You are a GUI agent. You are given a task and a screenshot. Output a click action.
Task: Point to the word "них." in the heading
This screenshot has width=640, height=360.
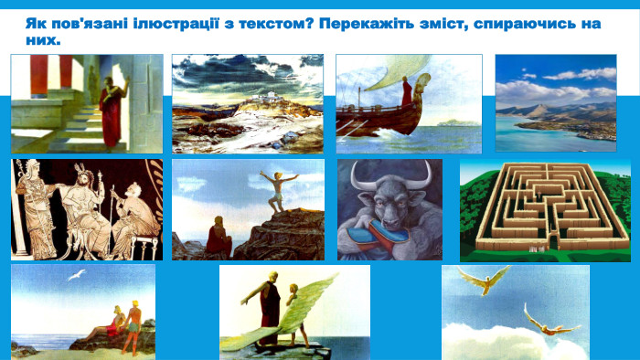[x=44, y=40]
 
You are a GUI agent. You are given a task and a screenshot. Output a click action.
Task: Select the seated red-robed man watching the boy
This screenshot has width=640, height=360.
[x=219, y=238]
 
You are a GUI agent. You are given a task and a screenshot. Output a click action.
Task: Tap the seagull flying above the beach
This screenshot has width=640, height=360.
[x=79, y=273]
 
